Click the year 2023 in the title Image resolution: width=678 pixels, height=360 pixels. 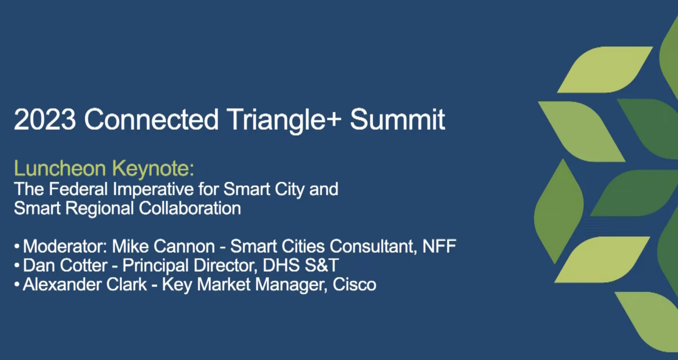click(45, 120)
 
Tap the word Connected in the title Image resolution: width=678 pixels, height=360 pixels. click(151, 120)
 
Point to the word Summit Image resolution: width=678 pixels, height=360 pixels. click(397, 120)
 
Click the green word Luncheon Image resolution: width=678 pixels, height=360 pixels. click(60, 169)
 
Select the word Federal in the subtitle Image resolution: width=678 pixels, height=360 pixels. click(78, 189)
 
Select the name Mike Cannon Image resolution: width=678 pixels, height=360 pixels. click(163, 246)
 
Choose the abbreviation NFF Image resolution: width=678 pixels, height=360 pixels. click(439, 246)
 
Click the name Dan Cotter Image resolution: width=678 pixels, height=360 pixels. click(65, 266)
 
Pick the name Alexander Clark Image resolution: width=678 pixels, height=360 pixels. click(85, 285)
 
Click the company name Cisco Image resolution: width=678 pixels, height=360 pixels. click(354, 285)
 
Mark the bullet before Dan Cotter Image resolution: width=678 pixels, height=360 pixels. click(17, 266)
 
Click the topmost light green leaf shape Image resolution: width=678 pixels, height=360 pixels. click(605, 70)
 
